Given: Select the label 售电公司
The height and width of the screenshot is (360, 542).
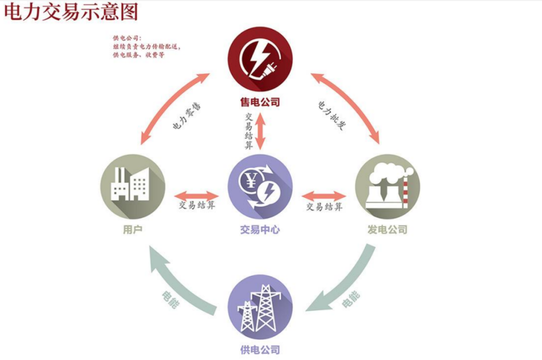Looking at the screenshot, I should coord(259,102).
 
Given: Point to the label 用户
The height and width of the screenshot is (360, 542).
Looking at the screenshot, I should coord(132,230).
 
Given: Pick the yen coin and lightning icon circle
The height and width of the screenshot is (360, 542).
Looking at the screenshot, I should coord(259,186).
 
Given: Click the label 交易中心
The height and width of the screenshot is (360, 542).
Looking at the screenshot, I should coord(259,230).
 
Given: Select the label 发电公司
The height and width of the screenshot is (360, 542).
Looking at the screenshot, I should coord(387,230).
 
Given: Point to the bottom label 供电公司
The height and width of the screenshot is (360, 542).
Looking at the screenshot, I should coord(260,349).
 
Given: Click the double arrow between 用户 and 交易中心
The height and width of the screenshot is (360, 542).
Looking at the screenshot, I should coord(197,194).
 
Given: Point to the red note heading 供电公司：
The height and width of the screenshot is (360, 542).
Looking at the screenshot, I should coord(127,38).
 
